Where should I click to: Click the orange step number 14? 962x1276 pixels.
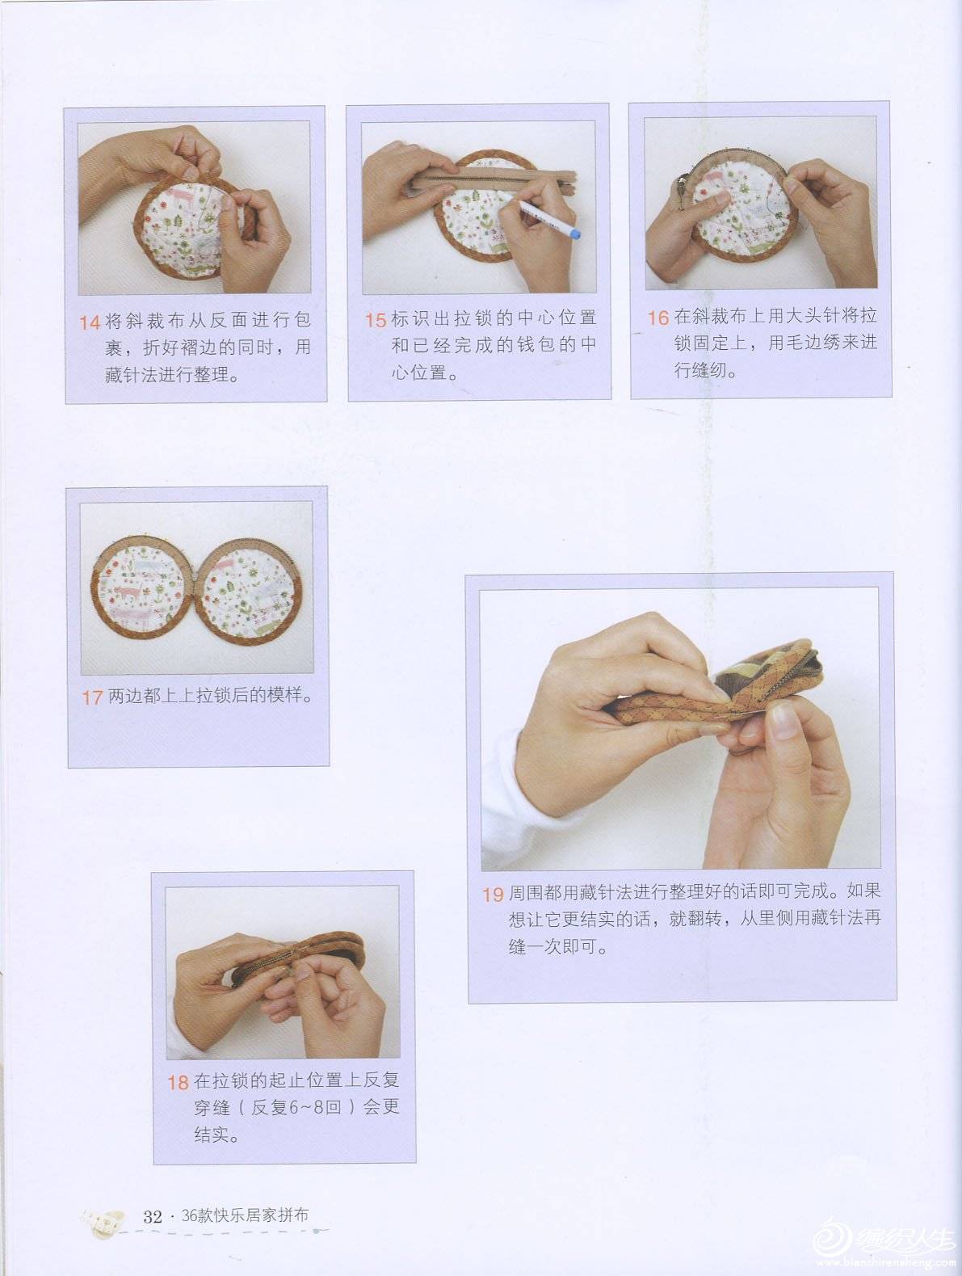tap(90, 322)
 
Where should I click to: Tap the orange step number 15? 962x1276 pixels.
tap(376, 320)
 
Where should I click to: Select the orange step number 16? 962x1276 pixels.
tap(659, 318)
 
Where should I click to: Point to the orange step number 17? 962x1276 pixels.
tap(92, 697)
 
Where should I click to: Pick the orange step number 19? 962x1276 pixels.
tap(493, 895)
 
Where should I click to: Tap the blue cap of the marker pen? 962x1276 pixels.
tap(575, 233)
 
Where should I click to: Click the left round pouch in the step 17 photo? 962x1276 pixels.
tap(141, 588)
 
